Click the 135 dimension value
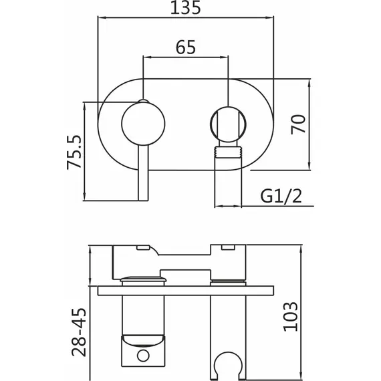(x=186, y=7)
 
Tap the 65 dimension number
(x=186, y=47)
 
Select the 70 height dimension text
(x=298, y=124)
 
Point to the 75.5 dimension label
(x=74, y=152)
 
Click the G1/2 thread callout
(x=281, y=197)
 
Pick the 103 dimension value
(x=290, y=317)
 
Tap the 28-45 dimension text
(x=79, y=332)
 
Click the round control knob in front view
(x=143, y=124)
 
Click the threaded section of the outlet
(x=228, y=152)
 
